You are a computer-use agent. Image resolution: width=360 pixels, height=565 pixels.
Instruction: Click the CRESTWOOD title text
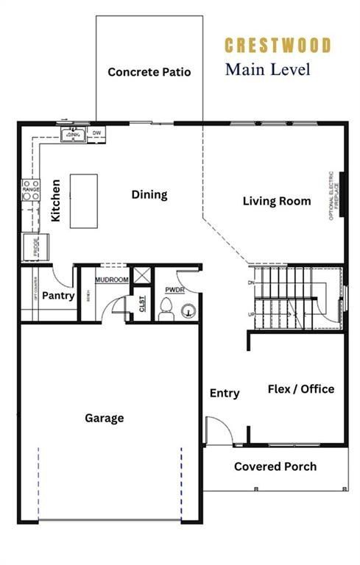tap(278, 46)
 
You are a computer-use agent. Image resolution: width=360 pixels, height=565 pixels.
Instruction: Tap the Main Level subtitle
tap(267, 70)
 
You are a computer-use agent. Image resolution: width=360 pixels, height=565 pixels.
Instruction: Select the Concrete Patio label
tap(149, 72)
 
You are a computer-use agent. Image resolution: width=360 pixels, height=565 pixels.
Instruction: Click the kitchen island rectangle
tap(84, 201)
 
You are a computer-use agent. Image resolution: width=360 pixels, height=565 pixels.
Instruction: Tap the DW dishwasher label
tap(96, 133)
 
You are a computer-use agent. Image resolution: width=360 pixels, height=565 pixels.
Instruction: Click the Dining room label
tap(149, 195)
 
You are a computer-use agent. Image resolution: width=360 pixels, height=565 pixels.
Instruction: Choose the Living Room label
tap(277, 201)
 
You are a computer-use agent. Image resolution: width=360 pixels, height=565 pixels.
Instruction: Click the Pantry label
tap(57, 296)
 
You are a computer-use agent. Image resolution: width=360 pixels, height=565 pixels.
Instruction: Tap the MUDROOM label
tap(112, 280)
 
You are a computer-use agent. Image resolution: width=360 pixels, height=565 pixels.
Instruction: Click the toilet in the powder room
tap(166, 308)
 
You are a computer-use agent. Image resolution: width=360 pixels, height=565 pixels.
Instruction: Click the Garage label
tap(105, 418)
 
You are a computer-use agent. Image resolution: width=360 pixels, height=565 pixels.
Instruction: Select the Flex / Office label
tap(300, 389)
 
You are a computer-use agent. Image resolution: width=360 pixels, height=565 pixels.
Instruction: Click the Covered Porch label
tap(275, 466)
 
